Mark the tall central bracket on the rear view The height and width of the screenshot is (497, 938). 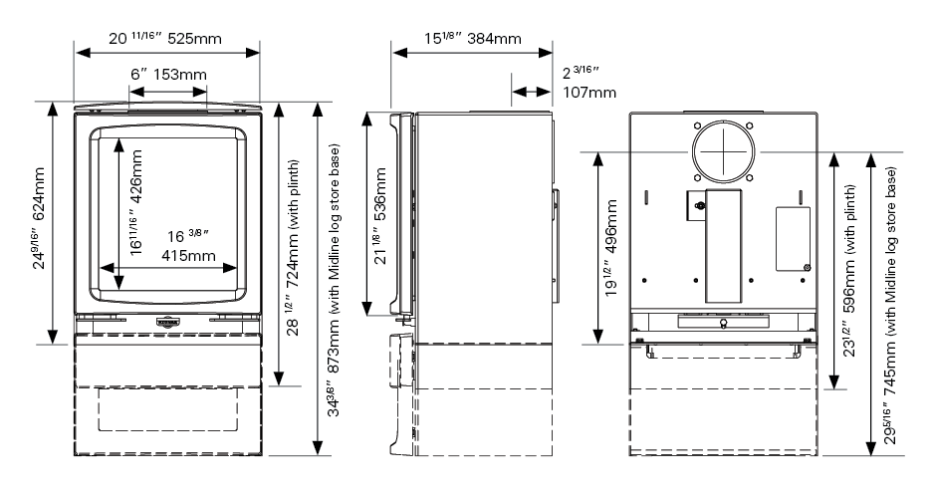(723, 244)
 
